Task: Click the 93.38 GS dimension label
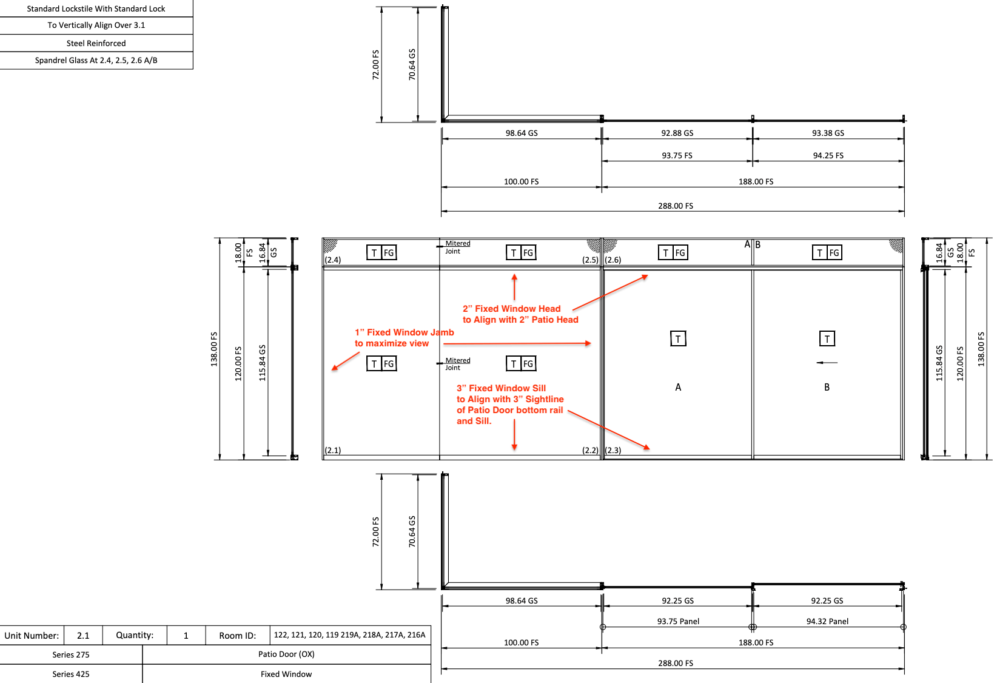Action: pyautogui.click(x=828, y=133)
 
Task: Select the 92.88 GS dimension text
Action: pyautogui.click(x=677, y=133)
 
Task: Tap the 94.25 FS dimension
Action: pyautogui.click(x=828, y=156)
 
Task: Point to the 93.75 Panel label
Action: pyautogui.click(x=678, y=622)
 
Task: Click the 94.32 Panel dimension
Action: pyautogui.click(x=827, y=622)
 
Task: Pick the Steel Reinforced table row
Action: pyautogui.click(x=96, y=44)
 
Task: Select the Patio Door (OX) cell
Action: pyautogui.click(x=286, y=654)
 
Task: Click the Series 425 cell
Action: pyautogui.click(x=71, y=674)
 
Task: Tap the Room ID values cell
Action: pyautogui.click(x=349, y=635)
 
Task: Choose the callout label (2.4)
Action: pyautogui.click(x=333, y=260)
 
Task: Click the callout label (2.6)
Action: pyautogui.click(x=613, y=260)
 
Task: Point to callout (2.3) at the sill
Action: pyautogui.click(x=613, y=451)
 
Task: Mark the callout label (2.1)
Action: pyautogui.click(x=333, y=451)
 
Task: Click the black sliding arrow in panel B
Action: pyautogui.click(x=827, y=363)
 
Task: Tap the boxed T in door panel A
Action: pyautogui.click(x=678, y=339)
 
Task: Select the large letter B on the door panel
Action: pyautogui.click(x=827, y=388)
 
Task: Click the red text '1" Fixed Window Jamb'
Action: pyautogui.click(x=404, y=332)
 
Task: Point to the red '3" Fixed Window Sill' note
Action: pyautogui.click(x=501, y=388)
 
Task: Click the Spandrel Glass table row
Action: pyautogui.click(x=96, y=61)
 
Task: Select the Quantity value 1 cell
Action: pyautogui.click(x=186, y=636)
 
